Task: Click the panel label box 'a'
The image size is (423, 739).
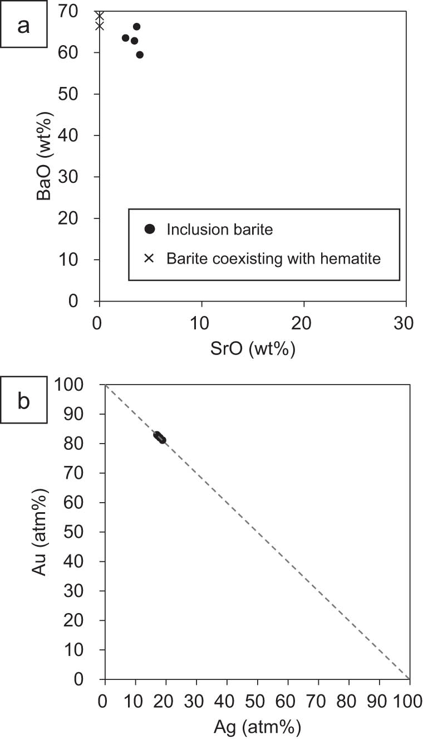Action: coord(23,26)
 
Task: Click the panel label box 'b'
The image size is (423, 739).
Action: coord(23,401)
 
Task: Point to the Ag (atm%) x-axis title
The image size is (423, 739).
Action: coord(257,727)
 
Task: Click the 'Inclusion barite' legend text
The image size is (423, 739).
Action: coord(220,230)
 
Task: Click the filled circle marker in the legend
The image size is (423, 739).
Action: coord(149,229)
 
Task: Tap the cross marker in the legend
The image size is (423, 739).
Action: coord(149,259)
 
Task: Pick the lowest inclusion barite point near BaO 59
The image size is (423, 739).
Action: coord(140,55)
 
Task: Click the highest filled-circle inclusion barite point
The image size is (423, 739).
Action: coord(136,27)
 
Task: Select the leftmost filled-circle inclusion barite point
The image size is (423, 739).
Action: coord(125,38)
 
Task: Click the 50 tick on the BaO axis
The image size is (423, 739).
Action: coord(76,94)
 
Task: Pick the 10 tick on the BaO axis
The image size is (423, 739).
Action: coord(76,260)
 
